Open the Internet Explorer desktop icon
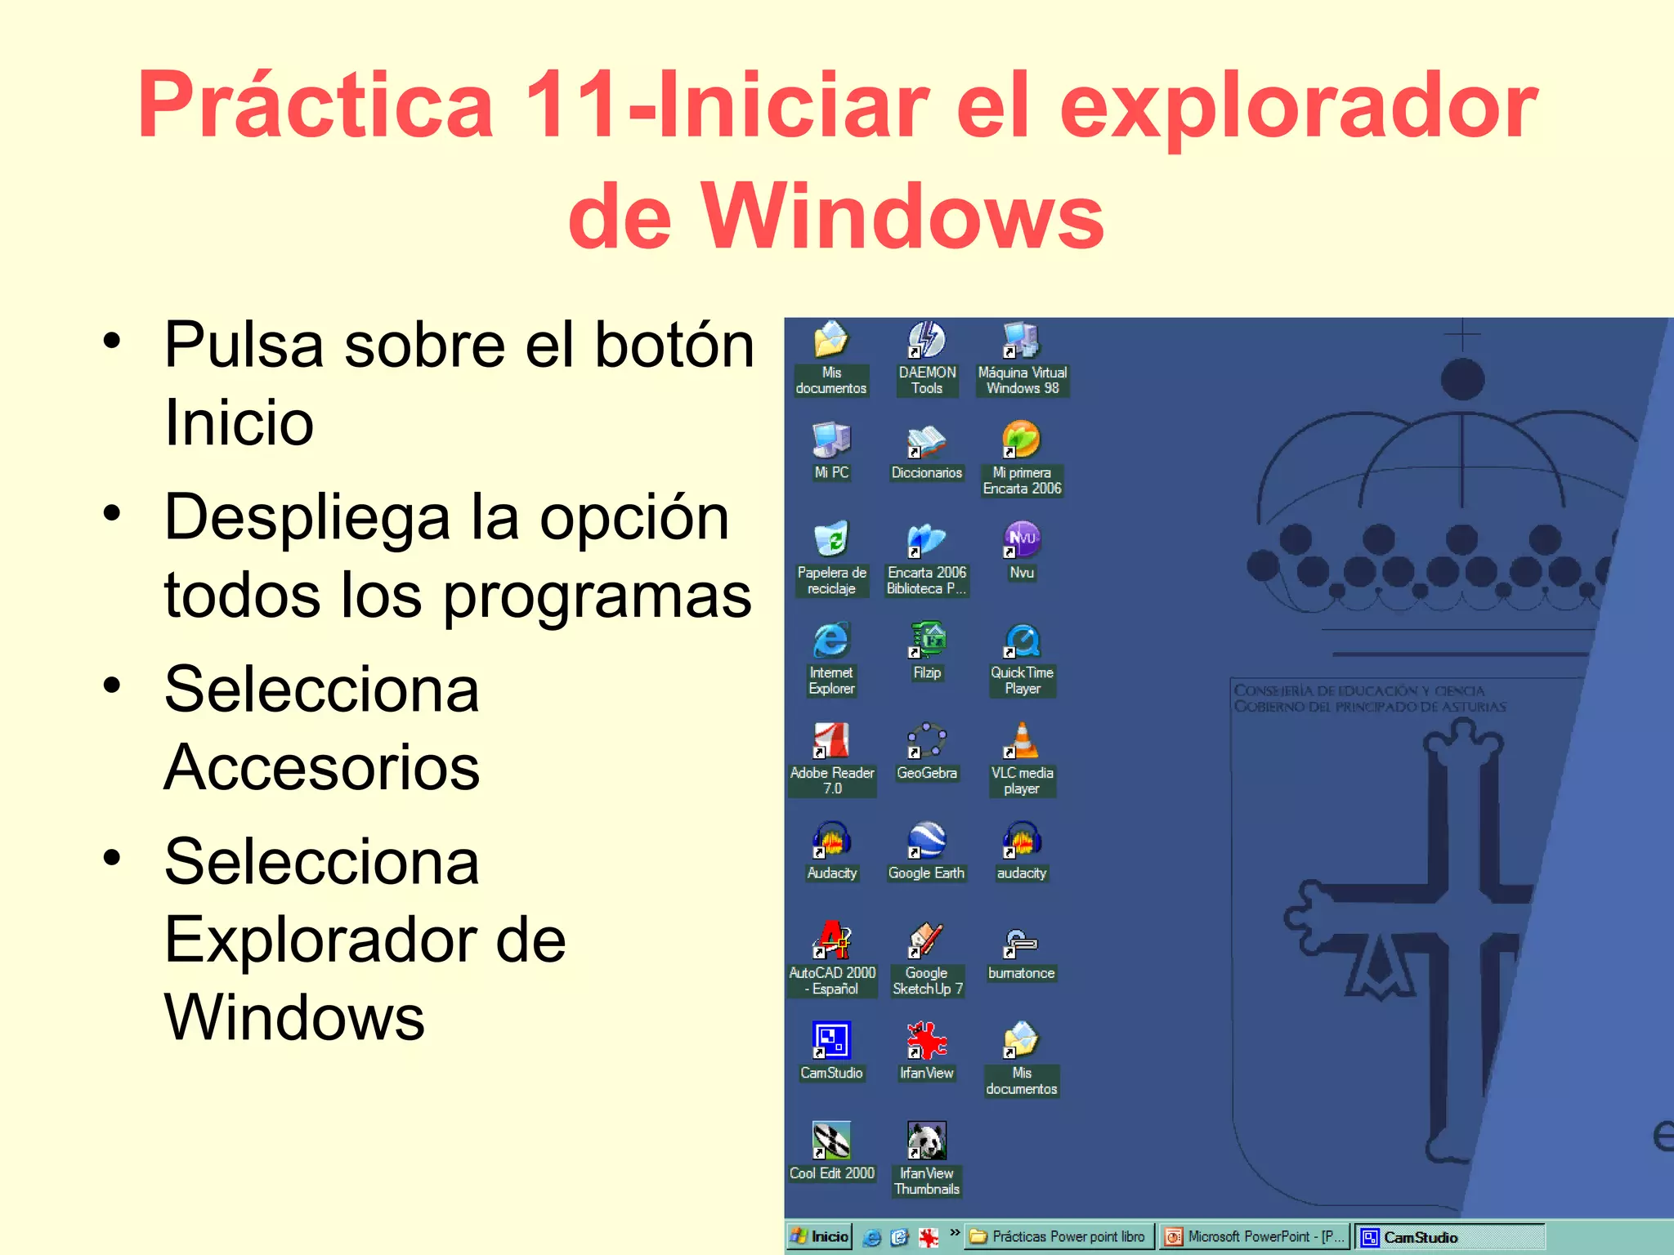click(x=831, y=641)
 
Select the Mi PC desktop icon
click(x=831, y=441)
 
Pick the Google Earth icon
click(x=927, y=842)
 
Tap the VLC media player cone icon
click(x=1022, y=742)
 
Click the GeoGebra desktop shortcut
click(x=927, y=742)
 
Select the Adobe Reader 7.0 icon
click(x=831, y=742)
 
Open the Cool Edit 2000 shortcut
click(x=831, y=1141)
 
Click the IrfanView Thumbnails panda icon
click(x=927, y=1141)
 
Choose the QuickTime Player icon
click(x=1022, y=641)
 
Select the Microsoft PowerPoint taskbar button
click(x=1255, y=1236)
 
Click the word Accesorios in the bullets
click(x=322, y=768)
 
